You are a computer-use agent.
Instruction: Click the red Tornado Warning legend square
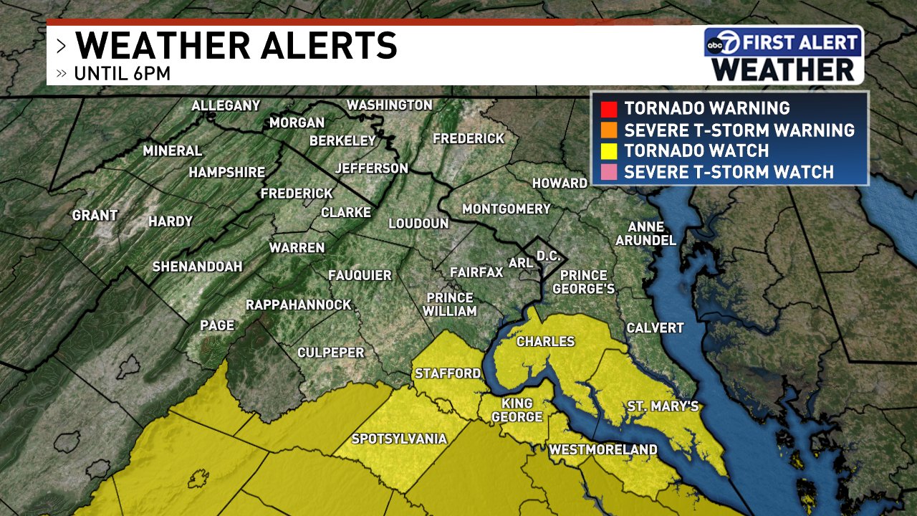610,109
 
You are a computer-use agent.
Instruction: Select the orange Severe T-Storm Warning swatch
610,130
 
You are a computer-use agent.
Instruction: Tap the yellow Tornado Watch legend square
610,151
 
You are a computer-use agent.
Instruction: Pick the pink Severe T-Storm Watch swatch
610,172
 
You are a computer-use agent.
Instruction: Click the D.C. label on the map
548,256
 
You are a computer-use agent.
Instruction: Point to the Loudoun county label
418,224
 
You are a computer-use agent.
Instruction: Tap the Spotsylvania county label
399,439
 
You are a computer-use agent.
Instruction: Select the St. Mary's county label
663,407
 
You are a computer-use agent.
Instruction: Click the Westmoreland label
602,450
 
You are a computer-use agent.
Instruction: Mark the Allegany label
226,106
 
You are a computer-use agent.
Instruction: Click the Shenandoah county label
197,267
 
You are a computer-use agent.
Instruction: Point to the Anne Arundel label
645,234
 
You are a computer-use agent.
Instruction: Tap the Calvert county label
655,328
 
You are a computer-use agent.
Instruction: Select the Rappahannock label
299,305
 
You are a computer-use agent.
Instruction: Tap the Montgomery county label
506,209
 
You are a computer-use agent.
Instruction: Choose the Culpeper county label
331,353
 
